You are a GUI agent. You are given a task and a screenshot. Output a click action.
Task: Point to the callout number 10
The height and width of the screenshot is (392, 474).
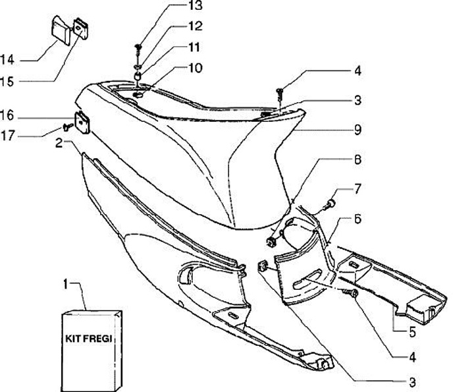(196, 68)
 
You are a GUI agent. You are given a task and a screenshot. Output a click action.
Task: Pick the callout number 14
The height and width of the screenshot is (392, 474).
(7, 60)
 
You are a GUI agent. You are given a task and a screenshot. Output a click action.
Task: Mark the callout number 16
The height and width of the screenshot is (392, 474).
(7, 116)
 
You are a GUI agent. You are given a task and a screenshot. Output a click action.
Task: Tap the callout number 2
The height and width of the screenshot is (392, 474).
(59, 142)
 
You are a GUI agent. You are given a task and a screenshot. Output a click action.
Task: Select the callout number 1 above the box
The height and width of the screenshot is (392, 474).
(65, 284)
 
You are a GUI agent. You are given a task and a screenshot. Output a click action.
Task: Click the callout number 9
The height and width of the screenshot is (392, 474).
(357, 130)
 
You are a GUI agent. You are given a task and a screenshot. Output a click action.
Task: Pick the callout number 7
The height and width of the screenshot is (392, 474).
(357, 189)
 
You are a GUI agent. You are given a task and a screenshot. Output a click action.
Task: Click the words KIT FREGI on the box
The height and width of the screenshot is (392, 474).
(89, 338)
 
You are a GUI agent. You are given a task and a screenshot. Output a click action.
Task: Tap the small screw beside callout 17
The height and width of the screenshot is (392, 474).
(66, 125)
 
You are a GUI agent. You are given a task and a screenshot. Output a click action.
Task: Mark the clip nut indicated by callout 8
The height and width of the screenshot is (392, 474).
(271, 236)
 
